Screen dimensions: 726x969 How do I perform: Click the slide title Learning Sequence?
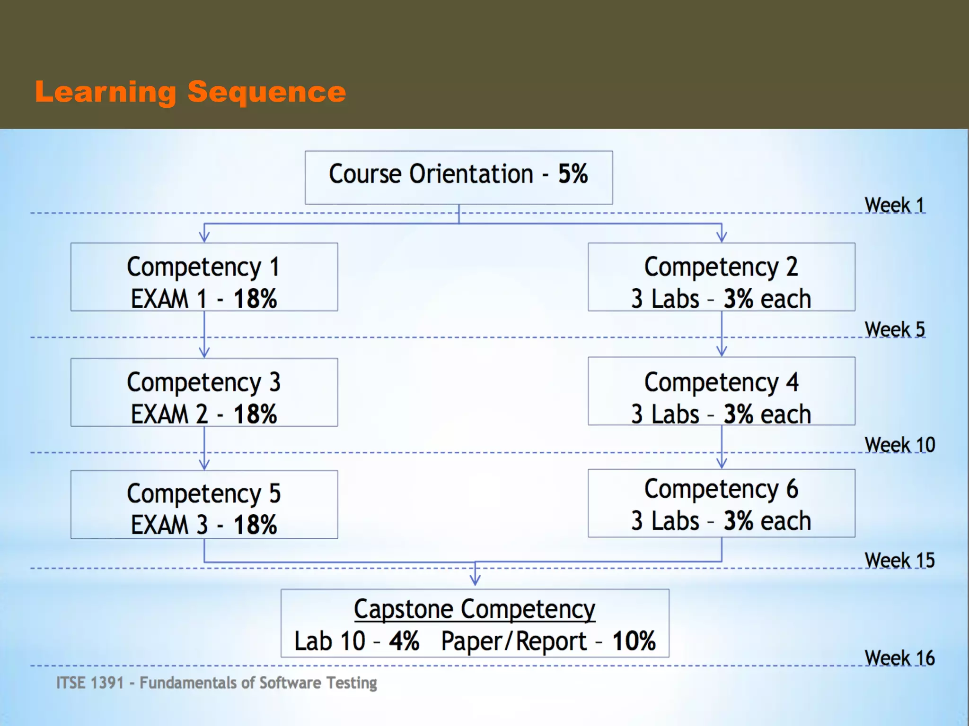(190, 92)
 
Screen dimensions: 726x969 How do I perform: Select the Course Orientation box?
(458, 177)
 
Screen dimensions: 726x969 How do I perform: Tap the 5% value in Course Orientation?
(573, 174)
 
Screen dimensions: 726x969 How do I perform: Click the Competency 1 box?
(204, 277)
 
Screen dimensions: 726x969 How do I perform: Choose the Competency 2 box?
(721, 277)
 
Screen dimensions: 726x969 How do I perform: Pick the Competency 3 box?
(204, 392)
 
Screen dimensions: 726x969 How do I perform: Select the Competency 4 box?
(721, 391)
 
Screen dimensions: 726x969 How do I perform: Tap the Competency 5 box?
(204, 504)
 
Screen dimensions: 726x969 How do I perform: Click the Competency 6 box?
(721, 503)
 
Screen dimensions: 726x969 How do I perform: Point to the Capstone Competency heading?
(475, 609)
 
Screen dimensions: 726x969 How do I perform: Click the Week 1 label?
(894, 205)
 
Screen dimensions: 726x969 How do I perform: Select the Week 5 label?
(894, 329)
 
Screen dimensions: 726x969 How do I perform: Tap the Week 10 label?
(899, 445)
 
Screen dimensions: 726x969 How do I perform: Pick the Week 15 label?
(899, 561)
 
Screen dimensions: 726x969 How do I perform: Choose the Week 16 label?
(899, 658)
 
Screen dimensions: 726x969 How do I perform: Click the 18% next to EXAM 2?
(255, 414)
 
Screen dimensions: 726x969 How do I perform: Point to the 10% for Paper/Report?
(634, 641)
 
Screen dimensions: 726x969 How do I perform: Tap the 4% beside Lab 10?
(404, 641)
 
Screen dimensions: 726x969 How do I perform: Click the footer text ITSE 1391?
(90, 683)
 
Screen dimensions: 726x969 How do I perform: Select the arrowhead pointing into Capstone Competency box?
(475, 580)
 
